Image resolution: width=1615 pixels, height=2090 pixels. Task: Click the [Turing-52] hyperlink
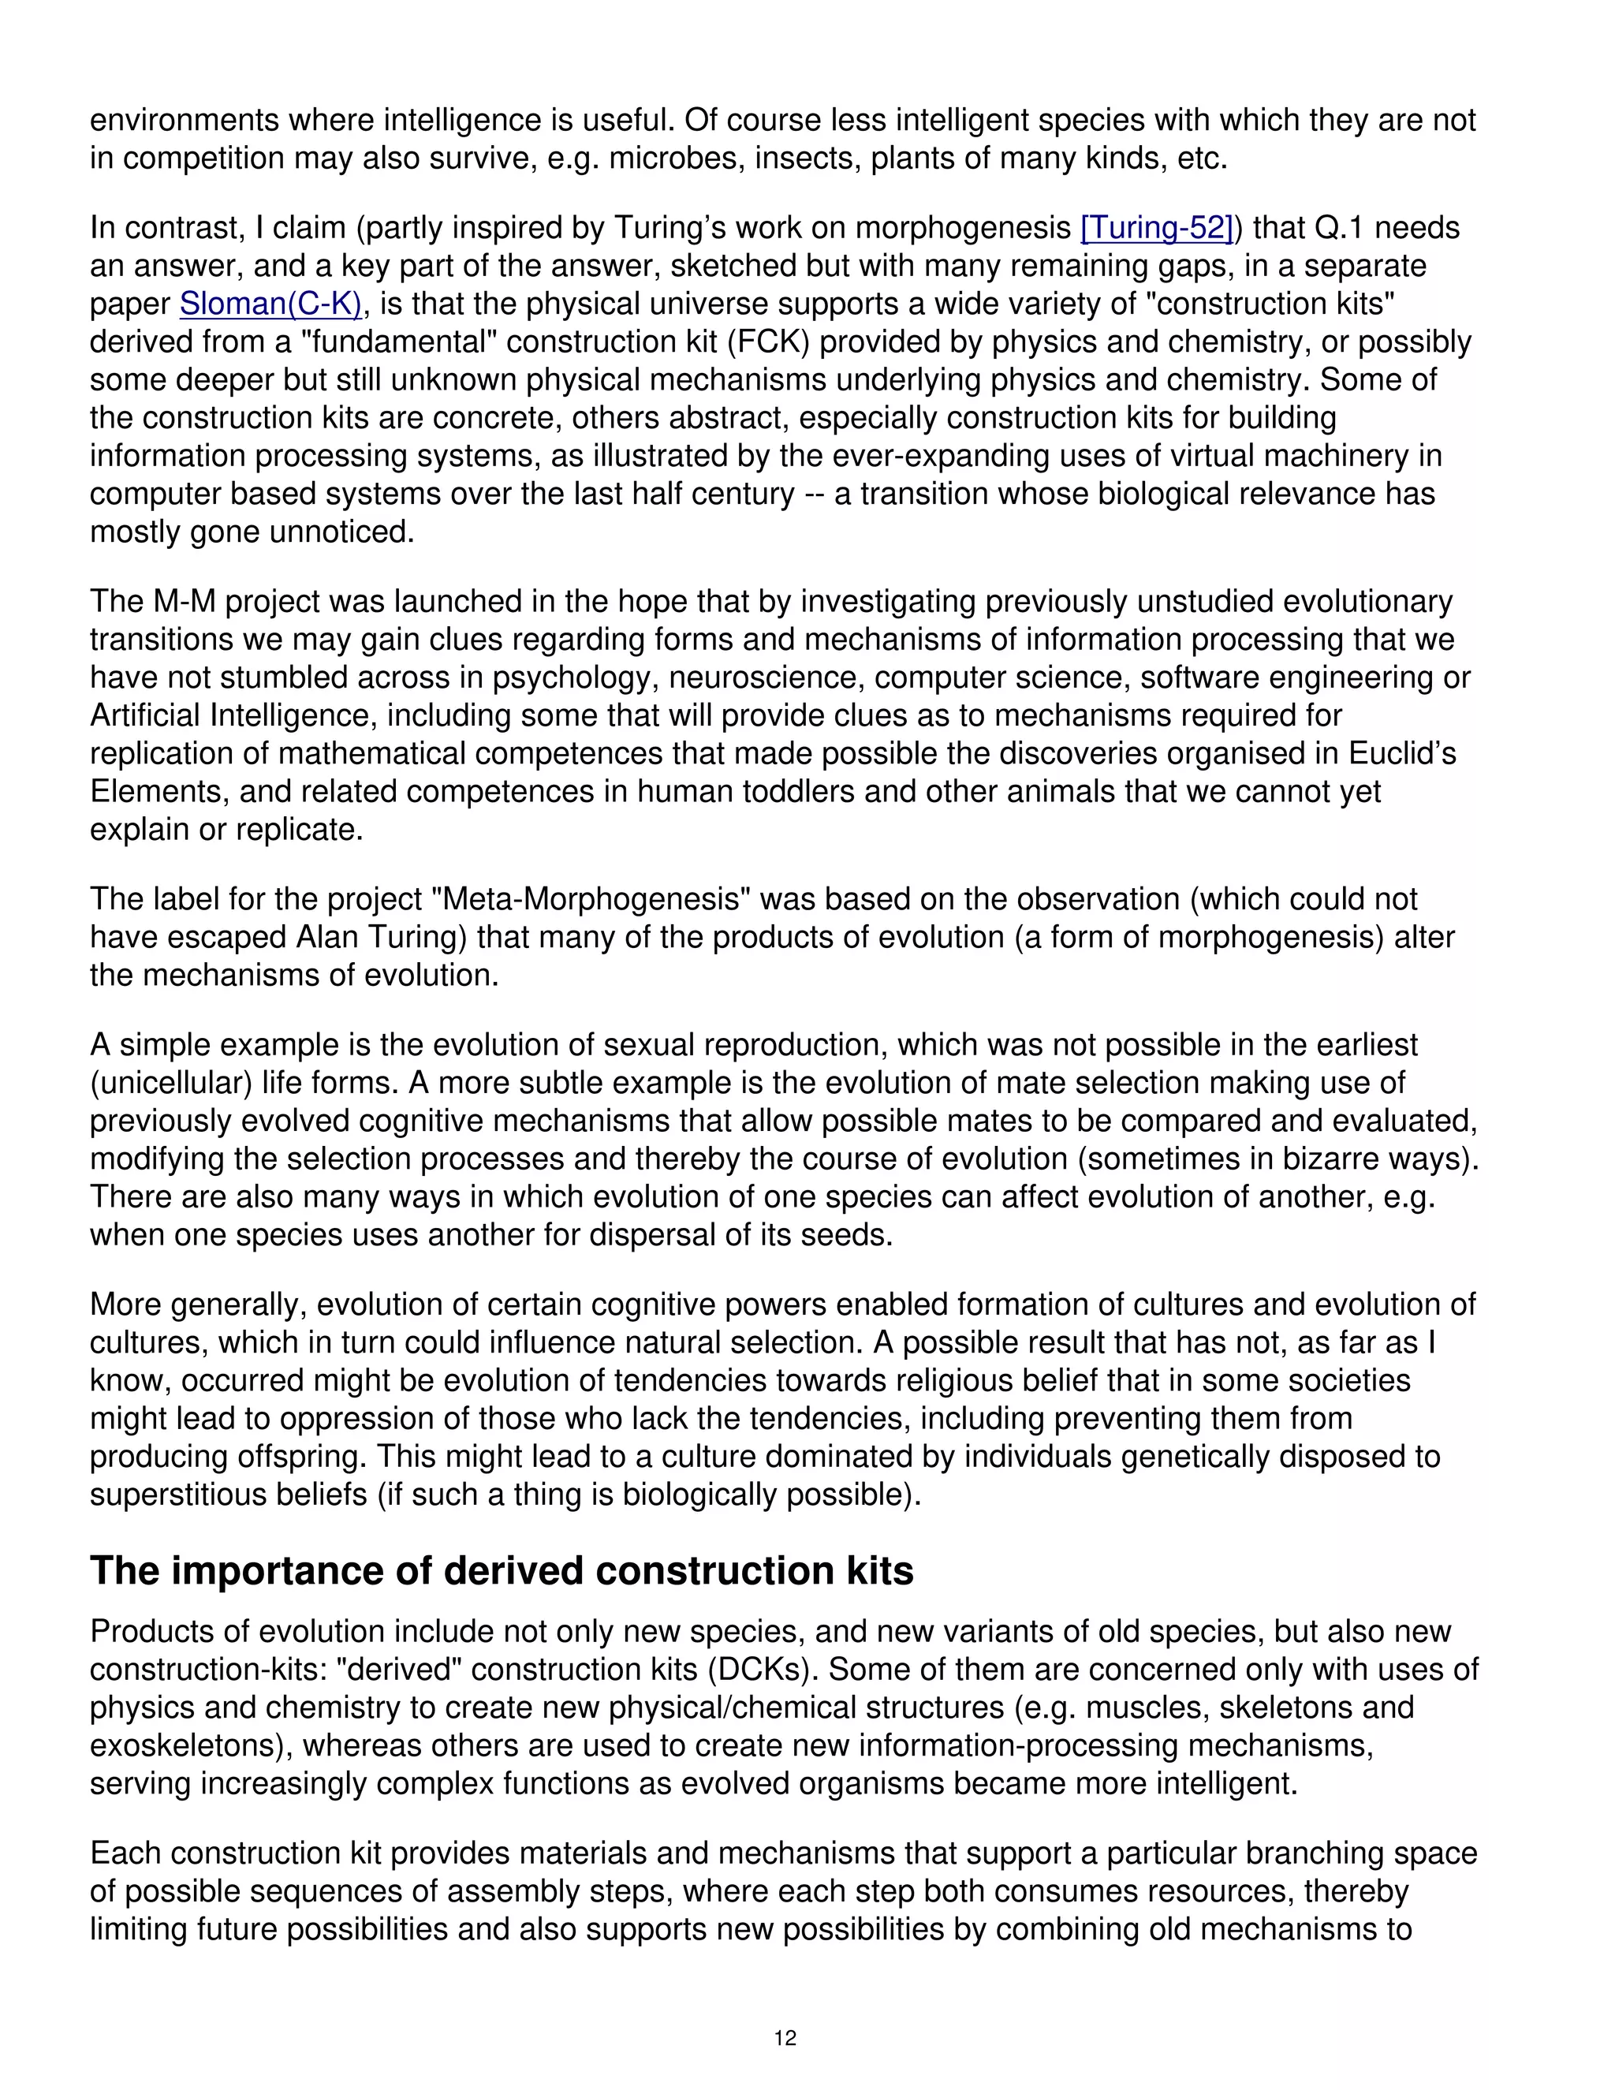tap(1156, 228)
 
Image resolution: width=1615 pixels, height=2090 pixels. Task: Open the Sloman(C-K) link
tap(270, 304)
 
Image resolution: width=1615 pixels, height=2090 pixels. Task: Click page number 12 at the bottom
tap(785, 2037)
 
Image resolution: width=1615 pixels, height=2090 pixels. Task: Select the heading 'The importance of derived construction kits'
tap(502, 1571)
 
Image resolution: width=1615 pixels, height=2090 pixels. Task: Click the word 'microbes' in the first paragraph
tap(673, 158)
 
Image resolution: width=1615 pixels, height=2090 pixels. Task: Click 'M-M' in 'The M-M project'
tap(188, 602)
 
